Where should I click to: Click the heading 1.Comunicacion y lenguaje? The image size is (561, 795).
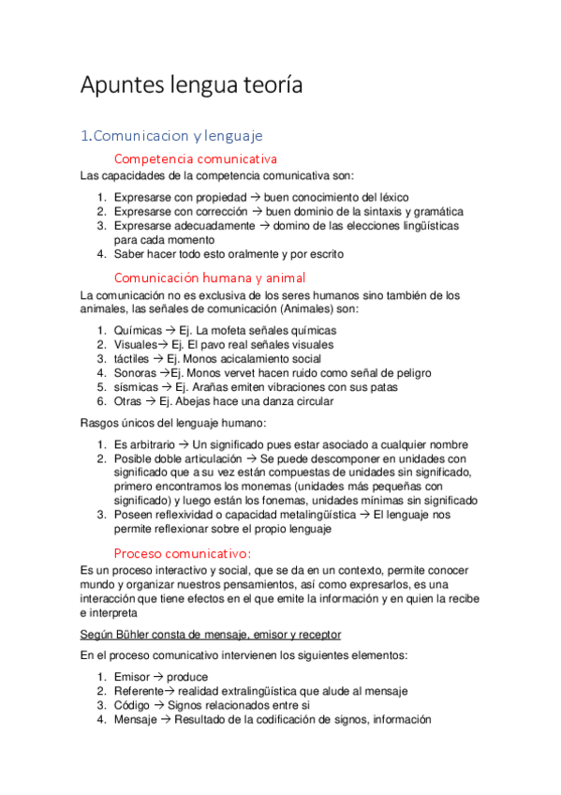pyautogui.click(x=171, y=136)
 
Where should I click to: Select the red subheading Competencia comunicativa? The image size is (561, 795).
pyautogui.click(x=195, y=159)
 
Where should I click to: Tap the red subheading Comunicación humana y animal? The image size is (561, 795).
pyautogui.click(x=209, y=277)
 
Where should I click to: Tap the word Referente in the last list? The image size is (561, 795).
pyautogui.click(x=139, y=691)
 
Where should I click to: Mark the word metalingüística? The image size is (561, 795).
pyautogui.click(x=311, y=514)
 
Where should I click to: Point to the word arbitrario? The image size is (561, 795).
pyautogui.click(x=150, y=444)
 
